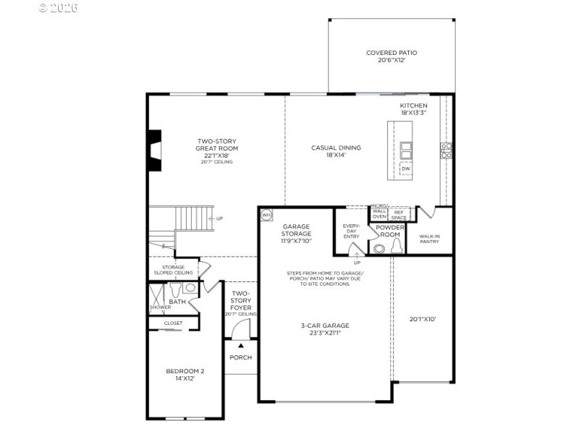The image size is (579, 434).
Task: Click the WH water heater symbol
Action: (x=266, y=215)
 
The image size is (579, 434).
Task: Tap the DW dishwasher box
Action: (x=406, y=169)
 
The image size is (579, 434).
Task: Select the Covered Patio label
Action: (x=392, y=56)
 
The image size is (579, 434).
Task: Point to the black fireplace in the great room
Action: (x=154, y=150)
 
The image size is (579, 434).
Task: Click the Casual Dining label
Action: (x=336, y=151)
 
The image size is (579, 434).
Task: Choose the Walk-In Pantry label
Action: (x=429, y=238)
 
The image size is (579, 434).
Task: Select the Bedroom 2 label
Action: (x=185, y=375)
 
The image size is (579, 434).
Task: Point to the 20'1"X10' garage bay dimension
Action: (x=423, y=318)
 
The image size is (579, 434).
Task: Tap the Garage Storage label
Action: (x=297, y=234)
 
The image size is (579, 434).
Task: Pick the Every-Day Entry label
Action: (x=351, y=231)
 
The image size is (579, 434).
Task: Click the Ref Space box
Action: (x=399, y=213)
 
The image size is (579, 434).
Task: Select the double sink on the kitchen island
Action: (x=406, y=150)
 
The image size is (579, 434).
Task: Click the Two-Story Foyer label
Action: (x=240, y=303)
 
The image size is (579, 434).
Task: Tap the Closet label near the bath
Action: (x=173, y=323)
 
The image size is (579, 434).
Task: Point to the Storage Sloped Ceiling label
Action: (x=173, y=270)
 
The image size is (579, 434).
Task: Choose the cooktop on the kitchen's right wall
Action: (x=447, y=150)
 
